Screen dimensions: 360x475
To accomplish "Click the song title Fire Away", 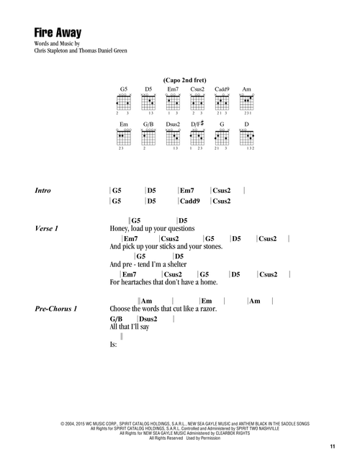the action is point(58,32).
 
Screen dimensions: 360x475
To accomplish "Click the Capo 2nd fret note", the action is point(184,81).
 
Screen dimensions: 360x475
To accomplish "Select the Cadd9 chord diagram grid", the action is point(222,103).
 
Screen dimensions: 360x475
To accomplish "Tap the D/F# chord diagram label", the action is point(197,124).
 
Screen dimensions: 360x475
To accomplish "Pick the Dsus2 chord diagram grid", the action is point(173,138).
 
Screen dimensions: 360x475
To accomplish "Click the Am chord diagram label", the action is point(247,89).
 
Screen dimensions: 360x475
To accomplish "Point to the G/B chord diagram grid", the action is point(148,138).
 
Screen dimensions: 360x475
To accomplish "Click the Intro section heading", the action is point(42,191).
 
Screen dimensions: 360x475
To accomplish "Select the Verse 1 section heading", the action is point(46,228).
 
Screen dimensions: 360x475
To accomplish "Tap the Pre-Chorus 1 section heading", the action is point(56,309).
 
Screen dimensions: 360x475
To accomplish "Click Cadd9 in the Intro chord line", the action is point(190,201).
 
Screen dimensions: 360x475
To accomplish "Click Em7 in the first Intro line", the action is point(187,191).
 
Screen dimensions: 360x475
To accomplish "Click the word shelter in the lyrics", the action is point(177,264).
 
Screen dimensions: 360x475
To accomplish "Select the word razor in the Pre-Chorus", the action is point(209,309).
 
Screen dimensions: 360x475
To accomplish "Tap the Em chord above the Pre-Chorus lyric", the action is point(207,301).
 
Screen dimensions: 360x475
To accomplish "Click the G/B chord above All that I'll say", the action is point(116,319).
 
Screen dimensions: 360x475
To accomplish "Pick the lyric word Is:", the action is point(113,345).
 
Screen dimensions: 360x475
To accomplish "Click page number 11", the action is point(333,446).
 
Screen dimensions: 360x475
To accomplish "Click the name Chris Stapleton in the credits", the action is point(51,50).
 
